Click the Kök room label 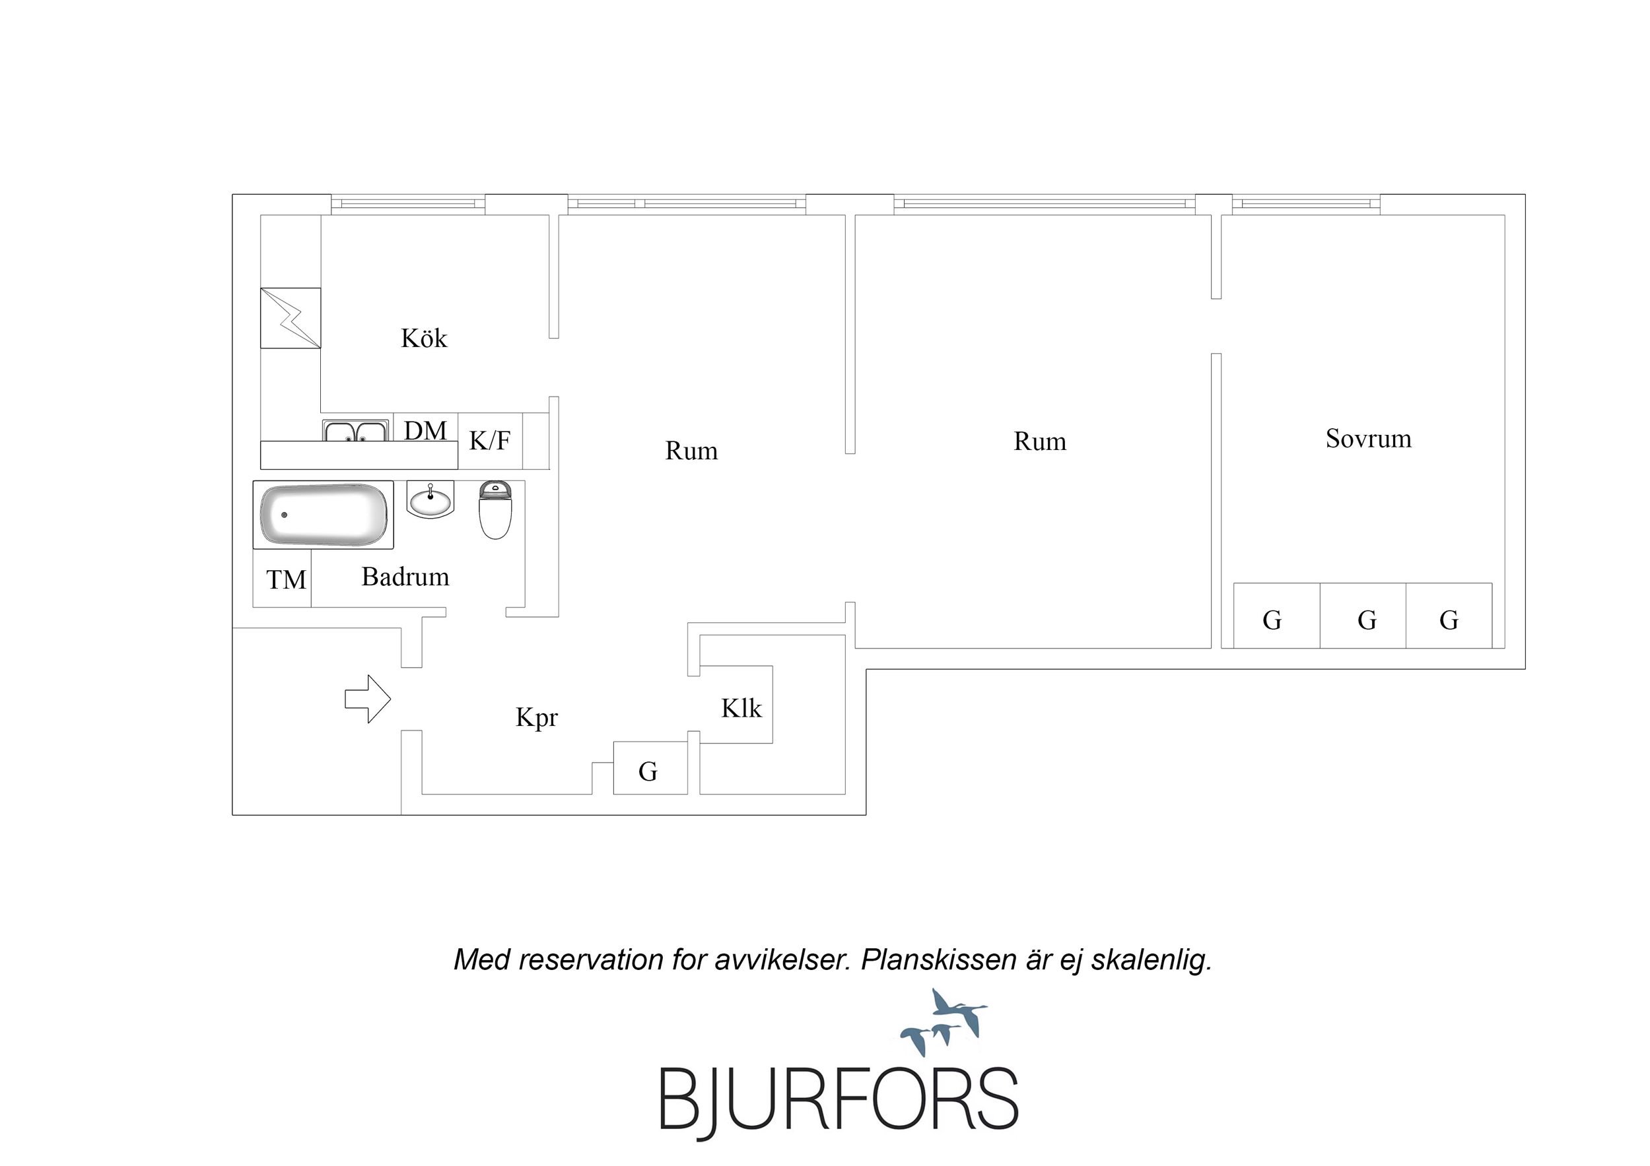[x=423, y=339]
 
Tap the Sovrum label [x=1368, y=438]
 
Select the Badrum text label [x=405, y=576]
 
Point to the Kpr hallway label [x=536, y=718]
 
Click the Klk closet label [x=741, y=708]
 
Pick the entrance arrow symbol [x=368, y=698]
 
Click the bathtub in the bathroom [x=324, y=515]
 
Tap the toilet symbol [x=495, y=511]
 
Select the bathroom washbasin [x=430, y=499]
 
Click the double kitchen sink [x=356, y=431]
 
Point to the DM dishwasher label [x=425, y=430]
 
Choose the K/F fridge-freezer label [x=490, y=440]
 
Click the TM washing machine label [x=286, y=579]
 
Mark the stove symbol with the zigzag [x=291, y=318]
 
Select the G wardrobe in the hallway [x=650, y=768]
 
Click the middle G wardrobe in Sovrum [x=1363, y=616]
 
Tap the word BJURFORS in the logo [x=839, y=1100]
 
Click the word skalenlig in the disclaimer [x=1151, y=960]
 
